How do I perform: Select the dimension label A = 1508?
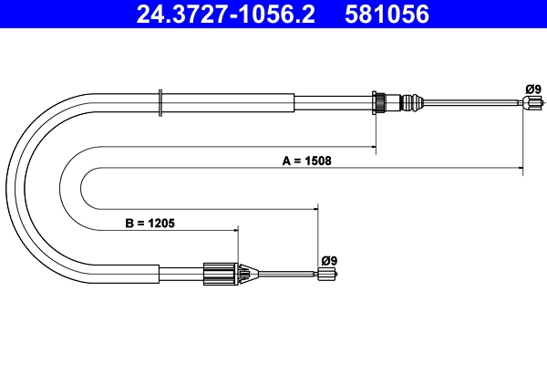307,161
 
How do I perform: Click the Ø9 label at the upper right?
533,89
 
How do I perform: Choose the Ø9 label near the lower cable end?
329,260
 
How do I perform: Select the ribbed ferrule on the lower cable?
218,272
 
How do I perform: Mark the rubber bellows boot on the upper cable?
413,102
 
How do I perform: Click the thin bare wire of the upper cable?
474,104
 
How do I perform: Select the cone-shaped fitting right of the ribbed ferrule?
244,272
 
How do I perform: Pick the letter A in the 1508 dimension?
285,161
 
